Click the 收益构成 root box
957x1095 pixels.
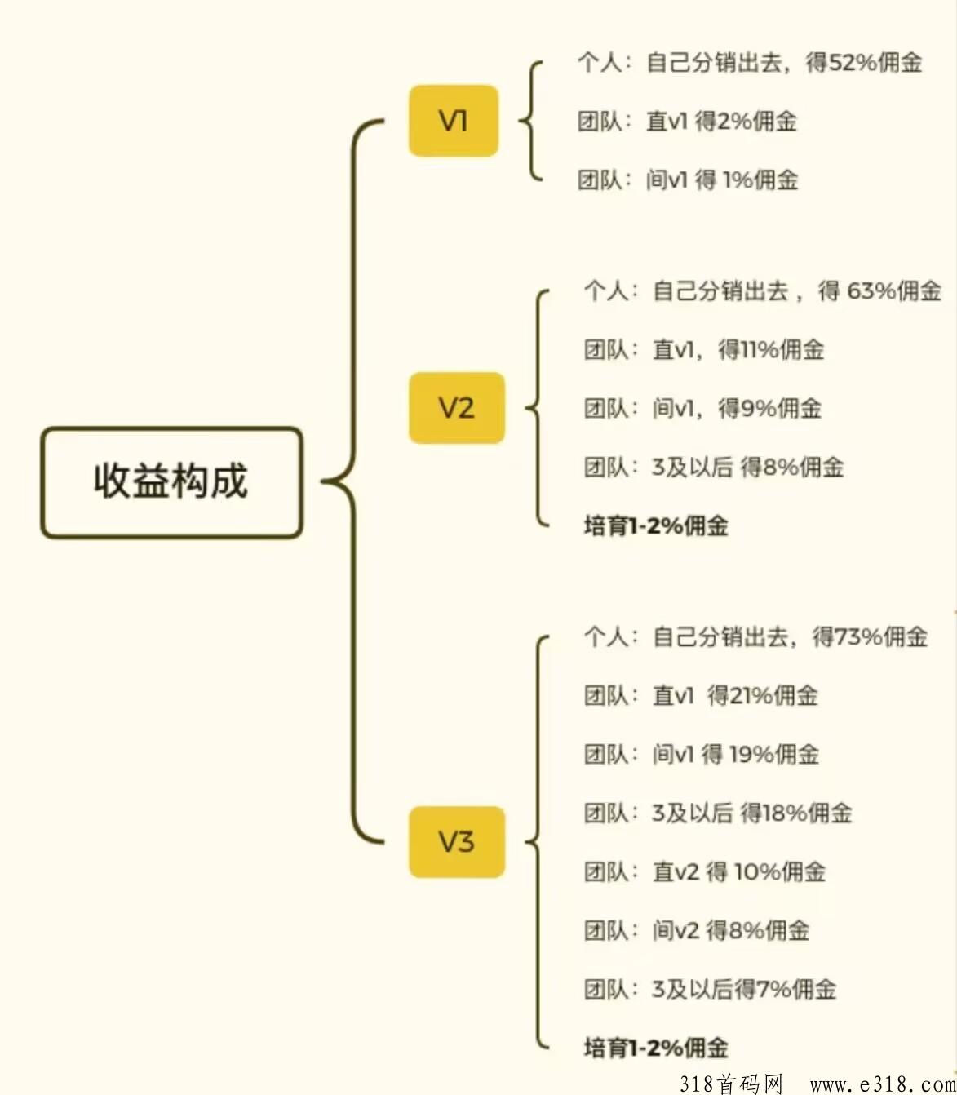pos(171,482)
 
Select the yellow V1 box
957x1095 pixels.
pos(454,121)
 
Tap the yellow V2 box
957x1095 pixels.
pos(457,408)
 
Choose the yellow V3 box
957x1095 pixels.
pos(457,842)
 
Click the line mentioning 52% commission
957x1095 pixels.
pos(750,63)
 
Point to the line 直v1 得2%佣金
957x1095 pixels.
pos(688,122)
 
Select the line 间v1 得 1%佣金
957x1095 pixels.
pos(688,180)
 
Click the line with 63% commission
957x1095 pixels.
pos(762,291)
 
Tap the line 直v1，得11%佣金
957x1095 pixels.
pos(704,350)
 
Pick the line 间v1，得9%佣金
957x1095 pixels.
pos(703,408)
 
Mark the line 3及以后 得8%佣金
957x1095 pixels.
pos(714,468)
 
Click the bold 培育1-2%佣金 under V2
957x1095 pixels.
pos(657,526)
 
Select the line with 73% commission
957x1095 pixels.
pos(755,637)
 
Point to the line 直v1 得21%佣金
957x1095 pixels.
pos(702,696)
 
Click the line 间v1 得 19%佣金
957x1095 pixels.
pos(702,755)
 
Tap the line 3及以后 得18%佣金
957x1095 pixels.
pos(719,813)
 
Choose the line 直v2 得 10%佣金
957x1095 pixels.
pos(705,871)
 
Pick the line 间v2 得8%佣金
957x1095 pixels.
pos(697,931)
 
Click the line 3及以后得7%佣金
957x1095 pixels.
pos(711,989)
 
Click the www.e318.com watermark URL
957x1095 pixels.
pos(883,1084)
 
